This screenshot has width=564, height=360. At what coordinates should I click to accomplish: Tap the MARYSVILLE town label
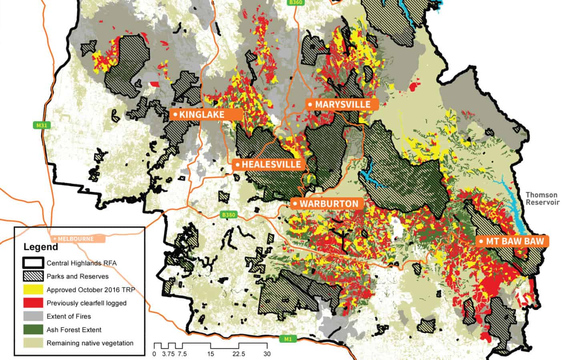click(x=342, y=104)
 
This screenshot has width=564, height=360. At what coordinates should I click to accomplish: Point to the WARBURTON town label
click(x=327, y=204)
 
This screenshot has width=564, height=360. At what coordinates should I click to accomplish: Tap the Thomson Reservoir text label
click(x=541, y=198)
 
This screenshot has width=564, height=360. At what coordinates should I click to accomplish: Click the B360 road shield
click(x=295, y=2)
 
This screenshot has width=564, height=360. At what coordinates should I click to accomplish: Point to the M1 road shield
click(x=288, y=339)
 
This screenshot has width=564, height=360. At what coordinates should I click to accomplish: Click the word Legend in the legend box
click(x=40, y=247)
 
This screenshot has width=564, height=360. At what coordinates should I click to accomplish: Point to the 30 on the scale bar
click(x=267, y=354)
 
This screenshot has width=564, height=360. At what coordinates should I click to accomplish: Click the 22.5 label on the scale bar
click(x=239, y=354)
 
